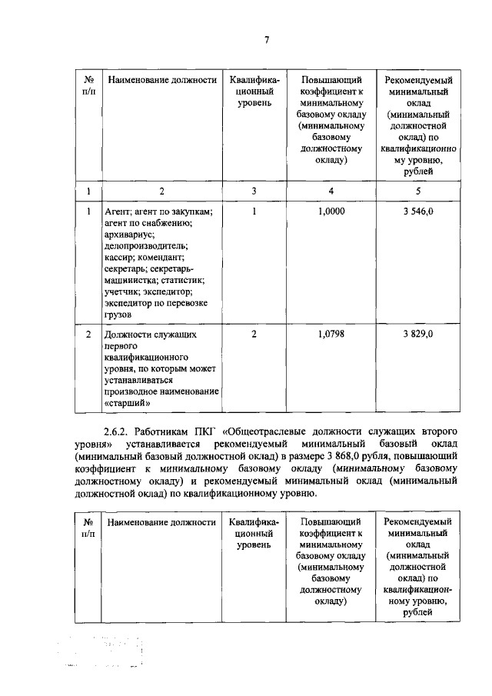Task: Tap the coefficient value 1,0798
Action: [x=331, y=335]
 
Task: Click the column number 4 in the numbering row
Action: [x=331, y=191]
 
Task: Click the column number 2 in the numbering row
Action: [x=161, y=191]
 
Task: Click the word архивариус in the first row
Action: [x=130, y=234]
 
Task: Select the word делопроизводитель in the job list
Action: [x=144, y=245]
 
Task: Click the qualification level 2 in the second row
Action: [x=254, y=335]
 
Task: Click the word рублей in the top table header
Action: [x=418, y=172]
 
